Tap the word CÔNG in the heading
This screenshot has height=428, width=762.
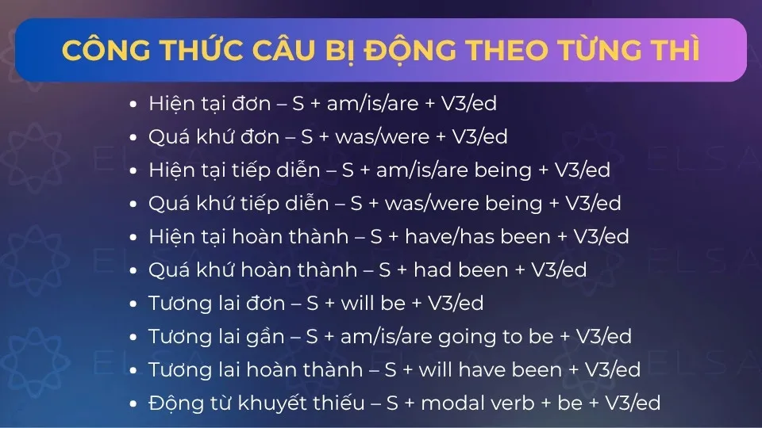(106, 49)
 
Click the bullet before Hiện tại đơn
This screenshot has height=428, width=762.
(133, 105)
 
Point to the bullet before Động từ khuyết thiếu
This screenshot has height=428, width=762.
(133, 403)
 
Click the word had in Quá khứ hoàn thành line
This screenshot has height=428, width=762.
(429, 269)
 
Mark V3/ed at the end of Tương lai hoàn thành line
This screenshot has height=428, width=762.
(612, 370)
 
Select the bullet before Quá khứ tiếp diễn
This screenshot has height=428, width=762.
(133, 204)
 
